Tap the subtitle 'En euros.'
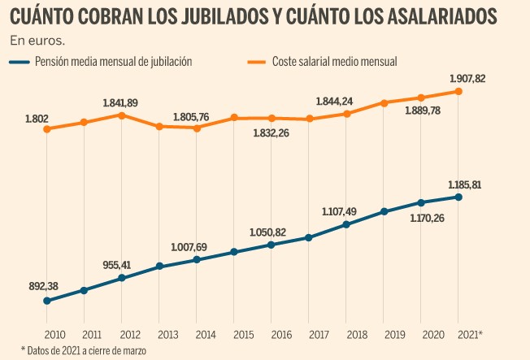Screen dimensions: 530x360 coord(37,41)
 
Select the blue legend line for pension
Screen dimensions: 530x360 coord(20,62)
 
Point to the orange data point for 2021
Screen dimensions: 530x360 coord(458,91)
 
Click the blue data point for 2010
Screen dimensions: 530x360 coord(47,301)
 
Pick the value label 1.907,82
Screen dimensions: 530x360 coord(467,79)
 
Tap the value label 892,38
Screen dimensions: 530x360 coord(43,286)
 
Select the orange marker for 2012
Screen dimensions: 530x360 coord(122,115)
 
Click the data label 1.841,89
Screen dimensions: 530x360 coord(120,102)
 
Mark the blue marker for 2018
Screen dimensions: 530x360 coord(345,224)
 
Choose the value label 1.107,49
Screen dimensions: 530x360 coord(339,211)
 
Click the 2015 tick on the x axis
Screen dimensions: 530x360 coord(244,335)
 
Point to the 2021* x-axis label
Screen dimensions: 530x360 coord(470,335)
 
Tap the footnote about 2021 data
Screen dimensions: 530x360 coord(84,350)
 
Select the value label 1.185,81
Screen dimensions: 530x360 coord(465,185)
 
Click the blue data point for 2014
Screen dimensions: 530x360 coord(197,259)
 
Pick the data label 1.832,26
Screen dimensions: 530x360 coord(271,133)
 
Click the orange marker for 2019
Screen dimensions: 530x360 coord(384,102)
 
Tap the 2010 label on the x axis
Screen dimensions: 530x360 coord(54,335)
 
